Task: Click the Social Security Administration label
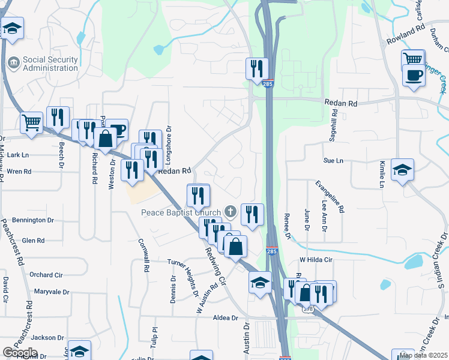[50, 64]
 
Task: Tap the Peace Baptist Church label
[181, 212]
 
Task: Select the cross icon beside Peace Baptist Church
[229, 211]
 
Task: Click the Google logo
[20, 353]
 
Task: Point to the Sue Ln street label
[333, 161]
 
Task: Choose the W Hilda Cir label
[316, 260]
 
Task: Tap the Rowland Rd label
[405, 32]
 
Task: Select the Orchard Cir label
[46, 275]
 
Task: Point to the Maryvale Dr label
[52, 292]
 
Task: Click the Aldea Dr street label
[226, 318]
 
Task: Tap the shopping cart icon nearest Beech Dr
[31, 122]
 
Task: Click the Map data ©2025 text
[424, 355]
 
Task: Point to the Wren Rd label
[19, 172]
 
